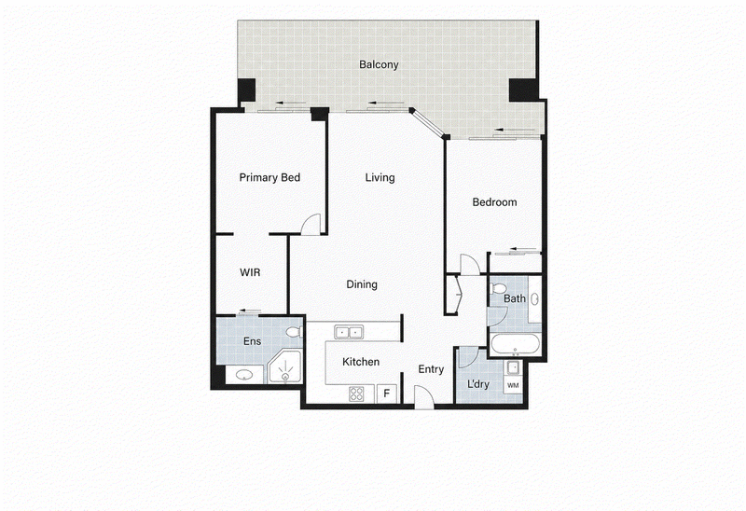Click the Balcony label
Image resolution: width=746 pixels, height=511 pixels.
click(x=379, y=64)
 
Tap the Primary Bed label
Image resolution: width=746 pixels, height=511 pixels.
click(x=269, y=177)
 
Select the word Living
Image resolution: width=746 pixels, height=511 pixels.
click(x=380, y=177)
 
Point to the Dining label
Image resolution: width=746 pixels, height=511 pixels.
click(x=362, y=284)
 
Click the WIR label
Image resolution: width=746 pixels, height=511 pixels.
click(x=250, y=272)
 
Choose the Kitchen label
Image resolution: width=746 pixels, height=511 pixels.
click(x=361, y=362)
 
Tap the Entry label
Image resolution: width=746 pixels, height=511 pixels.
click(x=431, y=369)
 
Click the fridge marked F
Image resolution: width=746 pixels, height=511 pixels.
click(x=387, y=394)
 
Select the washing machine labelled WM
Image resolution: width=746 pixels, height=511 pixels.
click(x=513, y=385)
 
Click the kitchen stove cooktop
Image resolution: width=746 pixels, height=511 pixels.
click(x=357, y=394)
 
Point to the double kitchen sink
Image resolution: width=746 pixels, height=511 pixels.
click(x=349, y=332)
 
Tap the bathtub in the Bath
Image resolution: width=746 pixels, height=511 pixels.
click(x=516, y=344)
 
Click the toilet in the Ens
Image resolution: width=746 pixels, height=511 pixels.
click(x=295, y=332)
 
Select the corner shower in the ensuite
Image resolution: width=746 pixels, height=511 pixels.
click(x=284, y=366)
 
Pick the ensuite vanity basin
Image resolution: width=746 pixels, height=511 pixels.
click(x=244, y=375)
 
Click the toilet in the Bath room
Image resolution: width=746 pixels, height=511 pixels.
click(x=498, y=288)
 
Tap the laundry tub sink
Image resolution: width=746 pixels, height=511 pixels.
click(x=513, y=368)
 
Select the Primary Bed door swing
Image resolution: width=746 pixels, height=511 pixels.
click(x=311, y=224)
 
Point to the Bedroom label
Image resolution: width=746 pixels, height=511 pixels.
click(x=494, y=202)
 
